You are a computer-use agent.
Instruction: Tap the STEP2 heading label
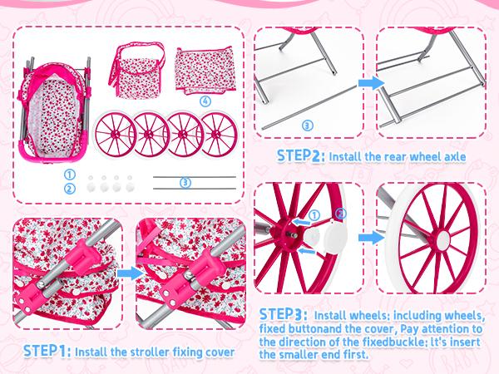(x=301, y=156)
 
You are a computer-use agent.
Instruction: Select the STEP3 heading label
(x=284, y=314)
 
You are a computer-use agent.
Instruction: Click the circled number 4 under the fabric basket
(x=205, y=101)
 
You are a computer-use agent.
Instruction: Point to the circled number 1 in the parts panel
(x=69, y=175)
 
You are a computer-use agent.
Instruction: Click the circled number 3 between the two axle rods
(x=185, y=183)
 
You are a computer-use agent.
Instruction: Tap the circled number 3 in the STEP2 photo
(x=307, y=125)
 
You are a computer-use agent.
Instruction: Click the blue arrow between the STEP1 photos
(x=130, y=273)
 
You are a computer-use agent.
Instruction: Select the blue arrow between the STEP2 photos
(x=371, y=82)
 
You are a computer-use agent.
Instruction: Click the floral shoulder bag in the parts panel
(x=137, y=71)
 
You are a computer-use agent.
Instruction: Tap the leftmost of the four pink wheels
(x=116, y=134)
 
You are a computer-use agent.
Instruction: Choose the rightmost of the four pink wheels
(x=220, y=134)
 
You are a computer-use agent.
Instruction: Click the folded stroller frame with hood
(x=53, y=110)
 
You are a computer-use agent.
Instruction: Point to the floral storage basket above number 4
(x=205, y=71)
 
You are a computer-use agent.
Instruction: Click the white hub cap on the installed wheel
(x=442, y=240)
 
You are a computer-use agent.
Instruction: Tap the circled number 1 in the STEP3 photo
(x=314, y=215)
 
